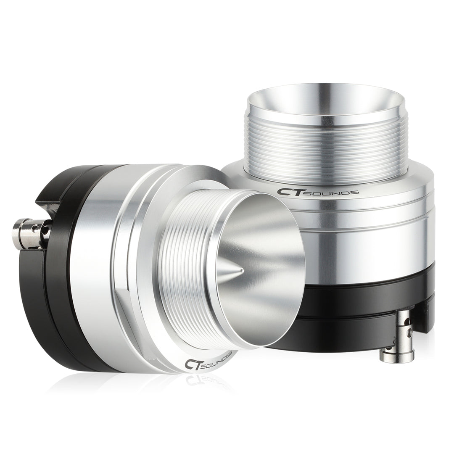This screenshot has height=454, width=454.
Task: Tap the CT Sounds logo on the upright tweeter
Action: (317, 192)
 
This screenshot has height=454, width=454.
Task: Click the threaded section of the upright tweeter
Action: (326, 143)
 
